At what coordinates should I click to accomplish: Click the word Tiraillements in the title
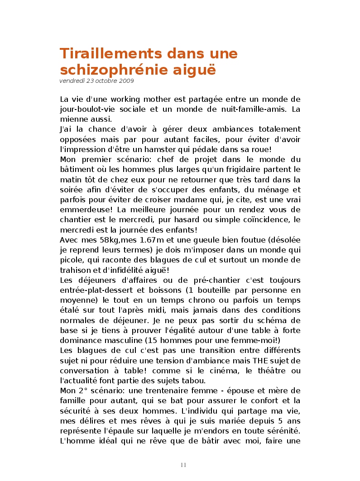(111, 53)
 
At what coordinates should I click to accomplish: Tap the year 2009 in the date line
(127, 81)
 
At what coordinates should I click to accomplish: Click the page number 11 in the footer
(183, 465)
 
